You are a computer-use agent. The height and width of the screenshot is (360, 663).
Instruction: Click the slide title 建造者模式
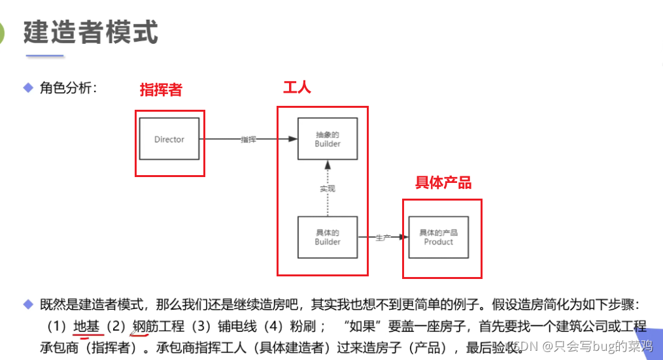pos(91,32)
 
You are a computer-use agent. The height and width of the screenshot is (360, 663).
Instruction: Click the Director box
pos(169,139)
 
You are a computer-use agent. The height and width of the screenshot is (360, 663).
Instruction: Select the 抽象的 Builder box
pos(328,139)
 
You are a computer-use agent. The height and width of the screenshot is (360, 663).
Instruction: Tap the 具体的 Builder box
pos(328,237)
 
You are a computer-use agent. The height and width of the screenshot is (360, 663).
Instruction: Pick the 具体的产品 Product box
pos(438,237)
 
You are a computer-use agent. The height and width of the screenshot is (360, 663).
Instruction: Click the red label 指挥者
pos(161,91)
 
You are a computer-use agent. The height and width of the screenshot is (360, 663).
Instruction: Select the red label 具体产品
pos(443,183)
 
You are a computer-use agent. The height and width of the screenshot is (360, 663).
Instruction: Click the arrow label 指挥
pos(248,139)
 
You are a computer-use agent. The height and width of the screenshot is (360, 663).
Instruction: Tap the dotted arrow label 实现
pos(328,188)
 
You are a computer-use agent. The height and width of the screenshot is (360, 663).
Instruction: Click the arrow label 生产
pos(382,237)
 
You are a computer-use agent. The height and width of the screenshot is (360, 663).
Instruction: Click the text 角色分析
pos(68,88)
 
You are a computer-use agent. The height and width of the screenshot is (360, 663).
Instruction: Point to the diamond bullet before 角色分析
pos(28,88)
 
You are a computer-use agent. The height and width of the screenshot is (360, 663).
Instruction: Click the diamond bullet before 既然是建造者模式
pos(28,304)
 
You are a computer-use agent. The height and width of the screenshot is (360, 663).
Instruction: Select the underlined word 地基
pos(86,326)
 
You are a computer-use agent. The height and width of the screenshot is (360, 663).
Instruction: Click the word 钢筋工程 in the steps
pos(158,326)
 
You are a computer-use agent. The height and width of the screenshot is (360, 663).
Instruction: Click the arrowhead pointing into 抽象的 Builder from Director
pos(293,139)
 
